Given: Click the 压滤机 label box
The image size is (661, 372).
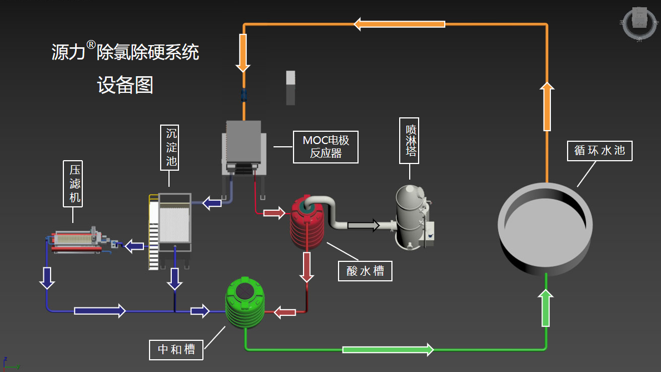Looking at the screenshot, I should point(73,184).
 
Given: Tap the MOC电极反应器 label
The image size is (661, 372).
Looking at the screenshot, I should point(326,147).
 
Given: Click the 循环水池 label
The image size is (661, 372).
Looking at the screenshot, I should point(600,150).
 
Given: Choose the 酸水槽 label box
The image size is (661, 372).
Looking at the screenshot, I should point(365,271).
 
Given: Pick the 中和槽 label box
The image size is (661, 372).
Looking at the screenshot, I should point(176,349).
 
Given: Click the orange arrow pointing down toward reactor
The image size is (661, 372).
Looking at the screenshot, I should point(242,53).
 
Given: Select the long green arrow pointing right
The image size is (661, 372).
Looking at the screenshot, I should point(387,349).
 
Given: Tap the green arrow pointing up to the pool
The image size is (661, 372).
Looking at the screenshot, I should point(546,309).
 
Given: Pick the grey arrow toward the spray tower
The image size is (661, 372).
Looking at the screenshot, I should point(364,225).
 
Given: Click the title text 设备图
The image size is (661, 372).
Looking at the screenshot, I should point(125,85).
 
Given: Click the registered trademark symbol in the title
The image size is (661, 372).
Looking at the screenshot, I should point(91,45).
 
